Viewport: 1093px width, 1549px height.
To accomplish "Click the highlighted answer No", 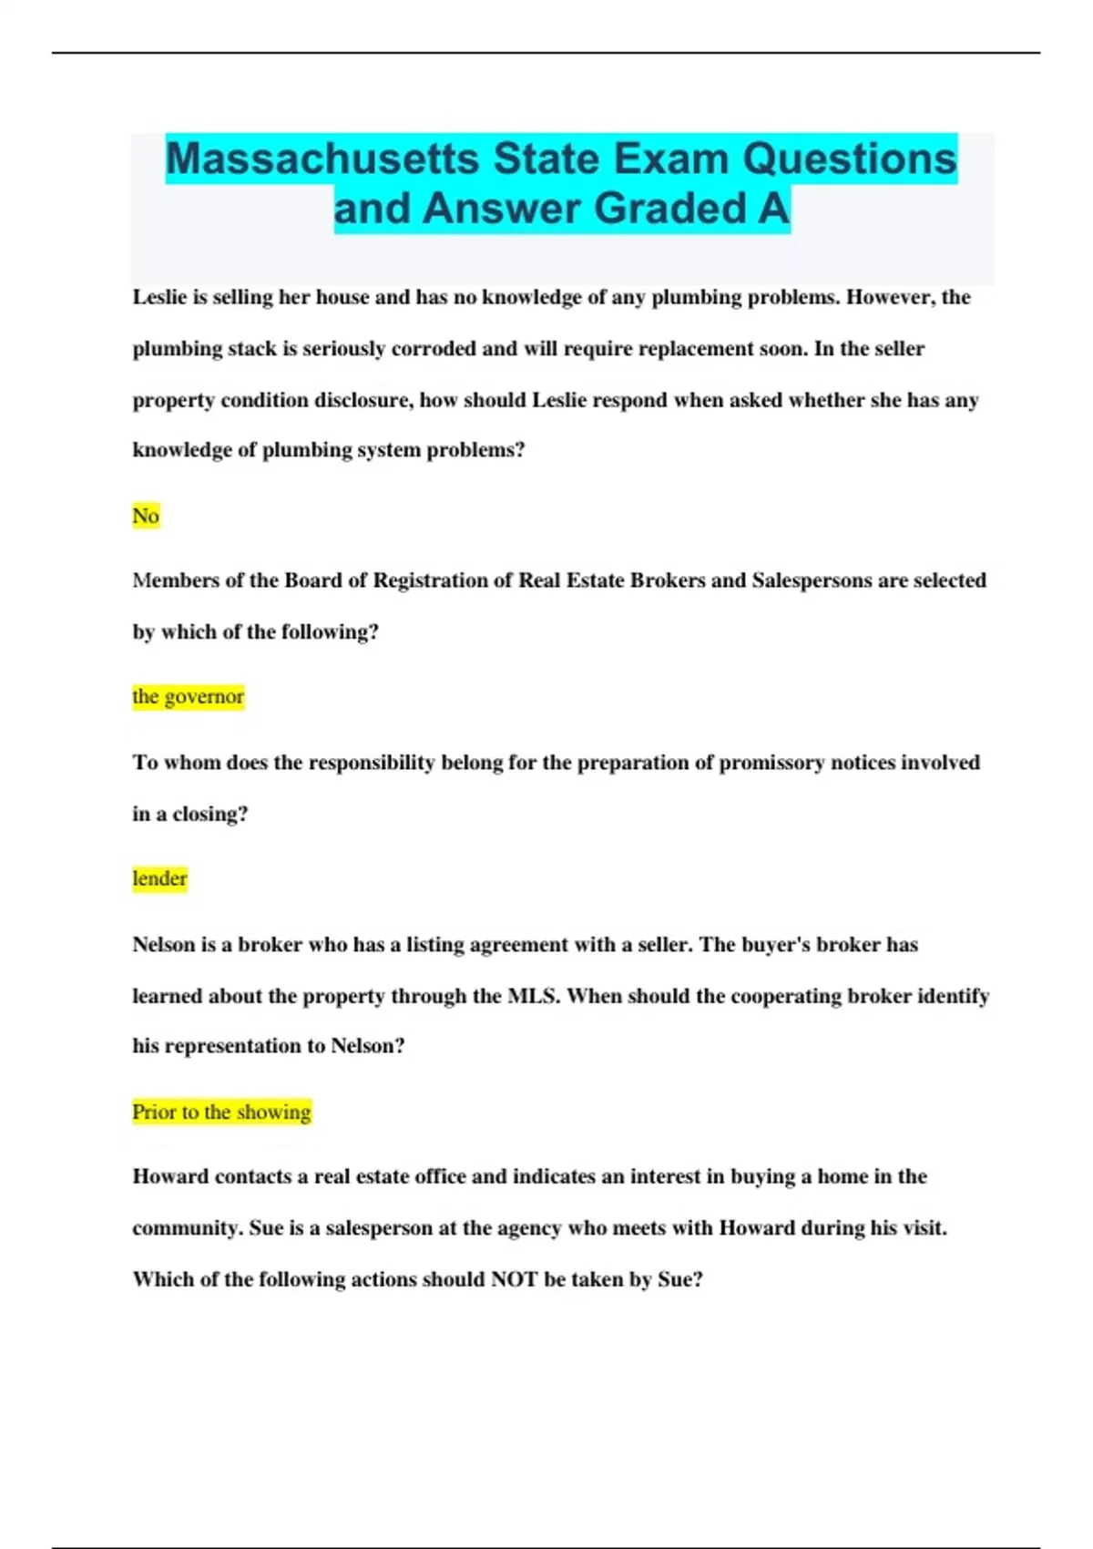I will (x=146, y=516).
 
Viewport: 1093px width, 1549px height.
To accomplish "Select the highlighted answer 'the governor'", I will (x=188, y=696).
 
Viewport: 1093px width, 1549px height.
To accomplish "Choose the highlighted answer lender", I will (x=159, y=878).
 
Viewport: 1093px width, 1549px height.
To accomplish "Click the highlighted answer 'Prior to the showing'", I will (x=221, y=1112).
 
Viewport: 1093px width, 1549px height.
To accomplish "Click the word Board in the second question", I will (x=312, y=580).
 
